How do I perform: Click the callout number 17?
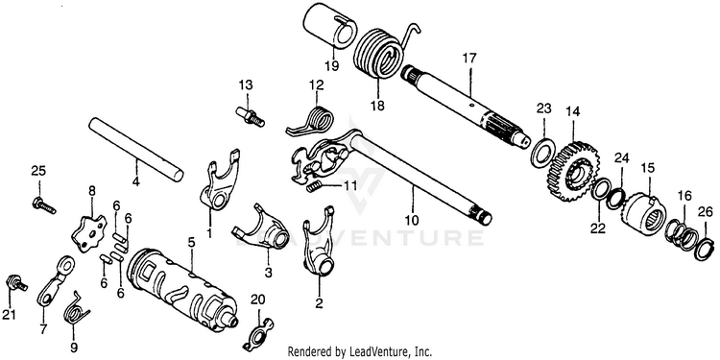pyautogui.click(x=469, y=59)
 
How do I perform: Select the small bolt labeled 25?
pyautogui.click(x=43, y=204)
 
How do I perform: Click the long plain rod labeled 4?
pyautogui.click(x=136, y=148)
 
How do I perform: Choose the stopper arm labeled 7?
pyautogui.click(x=54, y=281)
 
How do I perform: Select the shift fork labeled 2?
pyautogui.click(x=318, y=241)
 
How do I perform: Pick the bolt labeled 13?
pyautogui.click(x=251, y=116)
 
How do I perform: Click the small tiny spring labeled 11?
pyautogui.click(x=313, y=185)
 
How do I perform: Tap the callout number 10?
pyautogui.click(x=412, y=220)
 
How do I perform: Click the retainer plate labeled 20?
pyautogui.click(x=258, y=332)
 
